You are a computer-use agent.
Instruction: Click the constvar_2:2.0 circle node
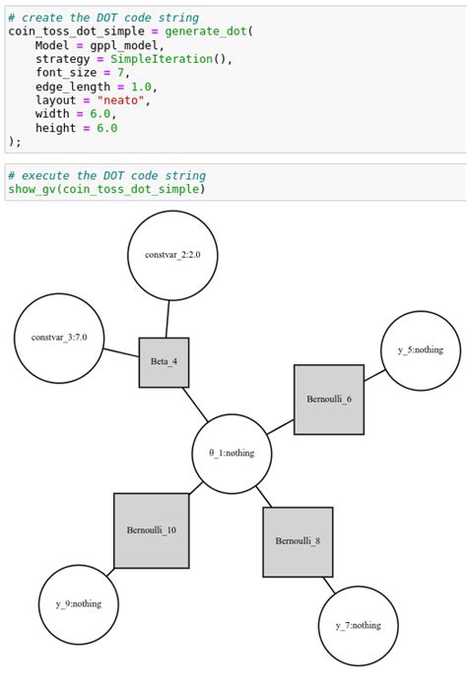click(x=172, y=256)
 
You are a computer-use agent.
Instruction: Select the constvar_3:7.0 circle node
click(x=59, y=338)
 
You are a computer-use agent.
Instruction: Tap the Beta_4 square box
click(x=164, y=362)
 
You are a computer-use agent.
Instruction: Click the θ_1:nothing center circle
click(x=232, y=454)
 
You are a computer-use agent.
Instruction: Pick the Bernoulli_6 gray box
click(x=329, y=400)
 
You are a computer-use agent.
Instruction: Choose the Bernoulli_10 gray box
click(x=151, y=530)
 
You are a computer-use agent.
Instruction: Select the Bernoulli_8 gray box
click(x=298, y=541)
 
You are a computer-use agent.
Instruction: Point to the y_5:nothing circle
click(x=421, y=350)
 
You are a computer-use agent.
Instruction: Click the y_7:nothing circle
click(x=359, y=626)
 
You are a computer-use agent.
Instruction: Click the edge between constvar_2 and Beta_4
click(x=167, y=319)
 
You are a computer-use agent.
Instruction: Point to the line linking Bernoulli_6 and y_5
click(x=373, y=375)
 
